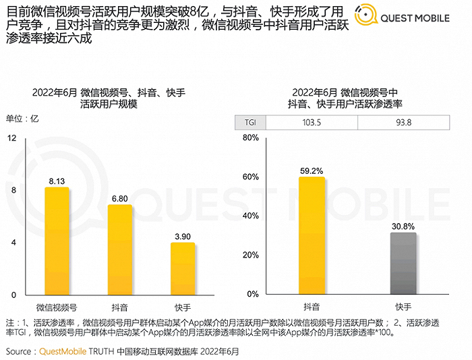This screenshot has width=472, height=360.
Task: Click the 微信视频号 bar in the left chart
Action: click(57, 241)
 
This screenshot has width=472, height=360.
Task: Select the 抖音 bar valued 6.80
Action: click(120, 249)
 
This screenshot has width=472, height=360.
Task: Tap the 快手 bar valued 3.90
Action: click(183, 268)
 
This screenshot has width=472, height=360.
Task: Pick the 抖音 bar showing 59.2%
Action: click(312, 235)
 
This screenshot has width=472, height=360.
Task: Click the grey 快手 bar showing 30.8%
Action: click(403, 264)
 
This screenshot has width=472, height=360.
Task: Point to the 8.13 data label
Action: click(57, 181)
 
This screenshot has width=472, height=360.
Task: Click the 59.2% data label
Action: click(312, 171)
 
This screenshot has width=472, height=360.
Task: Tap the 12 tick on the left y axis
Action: click(12, 138)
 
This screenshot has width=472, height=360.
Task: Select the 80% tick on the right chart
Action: click(250, 138)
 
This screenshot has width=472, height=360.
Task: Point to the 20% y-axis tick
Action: click(250, 256)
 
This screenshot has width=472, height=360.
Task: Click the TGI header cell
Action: click(250, 122)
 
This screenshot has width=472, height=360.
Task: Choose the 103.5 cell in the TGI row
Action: click(312, 122)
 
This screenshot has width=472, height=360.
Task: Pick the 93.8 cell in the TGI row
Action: click(404, 122)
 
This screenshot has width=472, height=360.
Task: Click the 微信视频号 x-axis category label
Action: click(57, 307)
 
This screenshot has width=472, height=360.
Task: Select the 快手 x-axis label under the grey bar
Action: click(403, 307)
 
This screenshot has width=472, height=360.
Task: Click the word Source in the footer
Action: click(20, 351)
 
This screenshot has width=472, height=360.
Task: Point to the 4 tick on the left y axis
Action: click(13, 243)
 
